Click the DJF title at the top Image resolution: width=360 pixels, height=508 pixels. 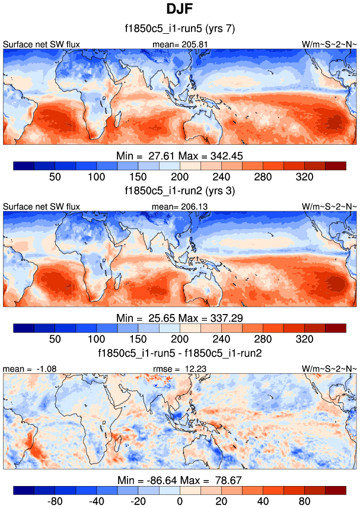pyautogui.click(x=180, y=9)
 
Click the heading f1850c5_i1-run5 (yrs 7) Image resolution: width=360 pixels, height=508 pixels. pyautogui.click(x=180, y=28)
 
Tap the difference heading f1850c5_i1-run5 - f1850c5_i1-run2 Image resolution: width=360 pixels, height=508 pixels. pyautogui.click(x=180, y=353)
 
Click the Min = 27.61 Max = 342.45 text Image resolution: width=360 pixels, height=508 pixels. pyautogui.click(x=180, y=155)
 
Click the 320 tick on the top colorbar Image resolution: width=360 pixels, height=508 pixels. pyautogui.click(x=304, y=177)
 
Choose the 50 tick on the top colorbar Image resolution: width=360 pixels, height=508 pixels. pyautogui.click(x=55, y=177)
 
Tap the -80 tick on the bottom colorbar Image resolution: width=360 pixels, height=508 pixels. pyautogui.click(x=55, y=501)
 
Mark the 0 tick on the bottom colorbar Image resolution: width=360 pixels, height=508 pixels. pyautogui.click(x=180, y=501)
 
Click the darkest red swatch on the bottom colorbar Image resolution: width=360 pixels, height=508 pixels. pyautogui.click(x=335, y=490)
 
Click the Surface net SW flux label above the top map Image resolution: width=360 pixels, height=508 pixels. pyautogui.click(x=42, y=44)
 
